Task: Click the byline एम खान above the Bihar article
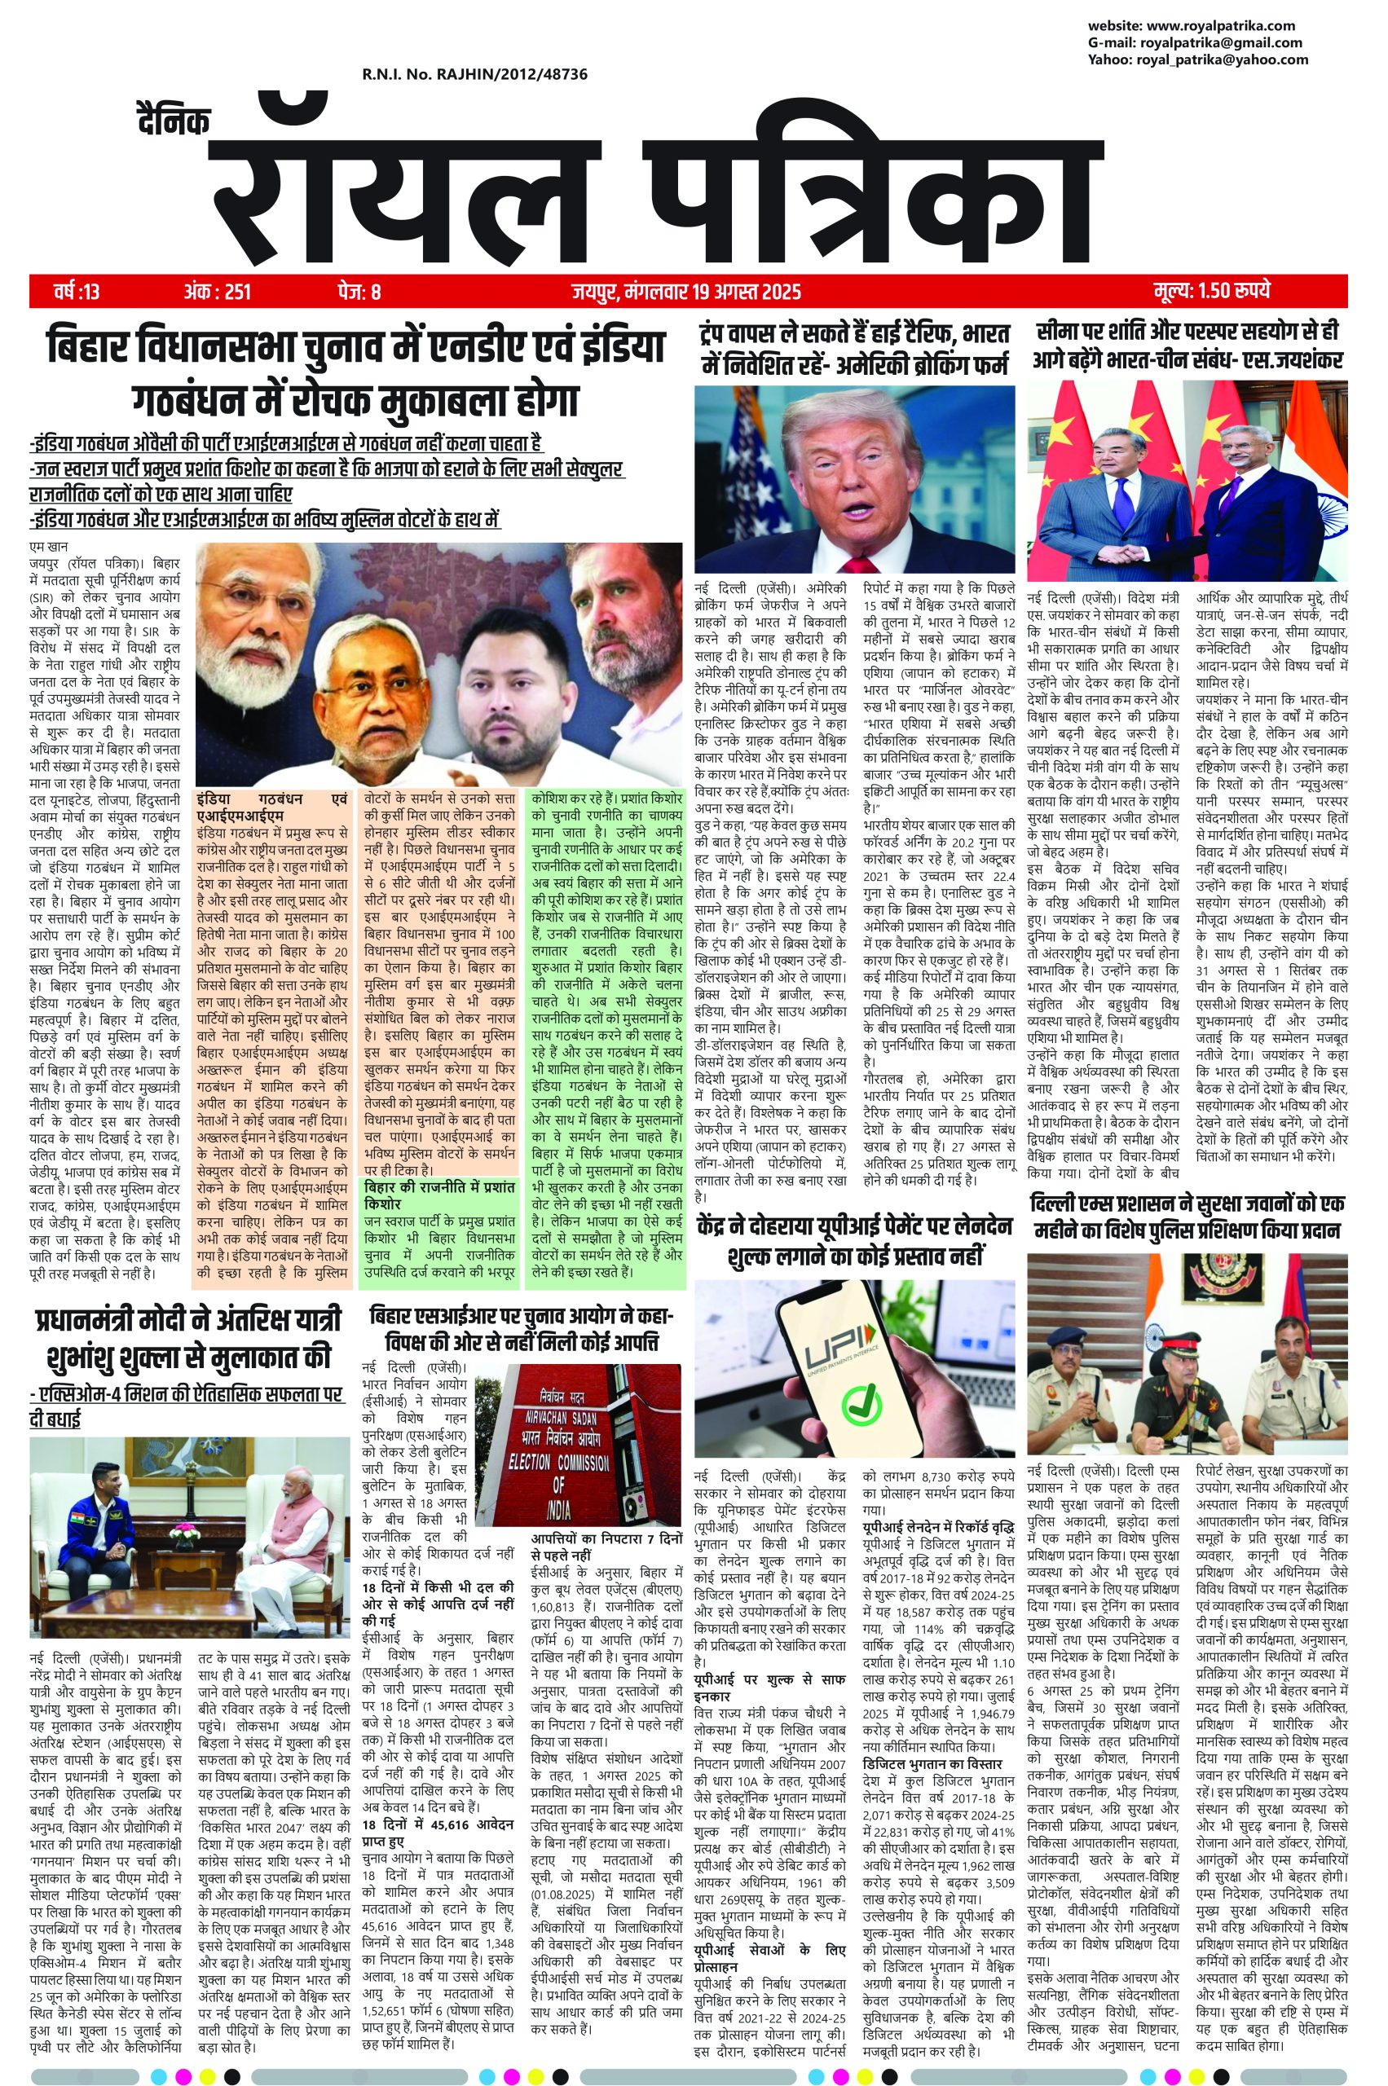coord(48,546)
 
